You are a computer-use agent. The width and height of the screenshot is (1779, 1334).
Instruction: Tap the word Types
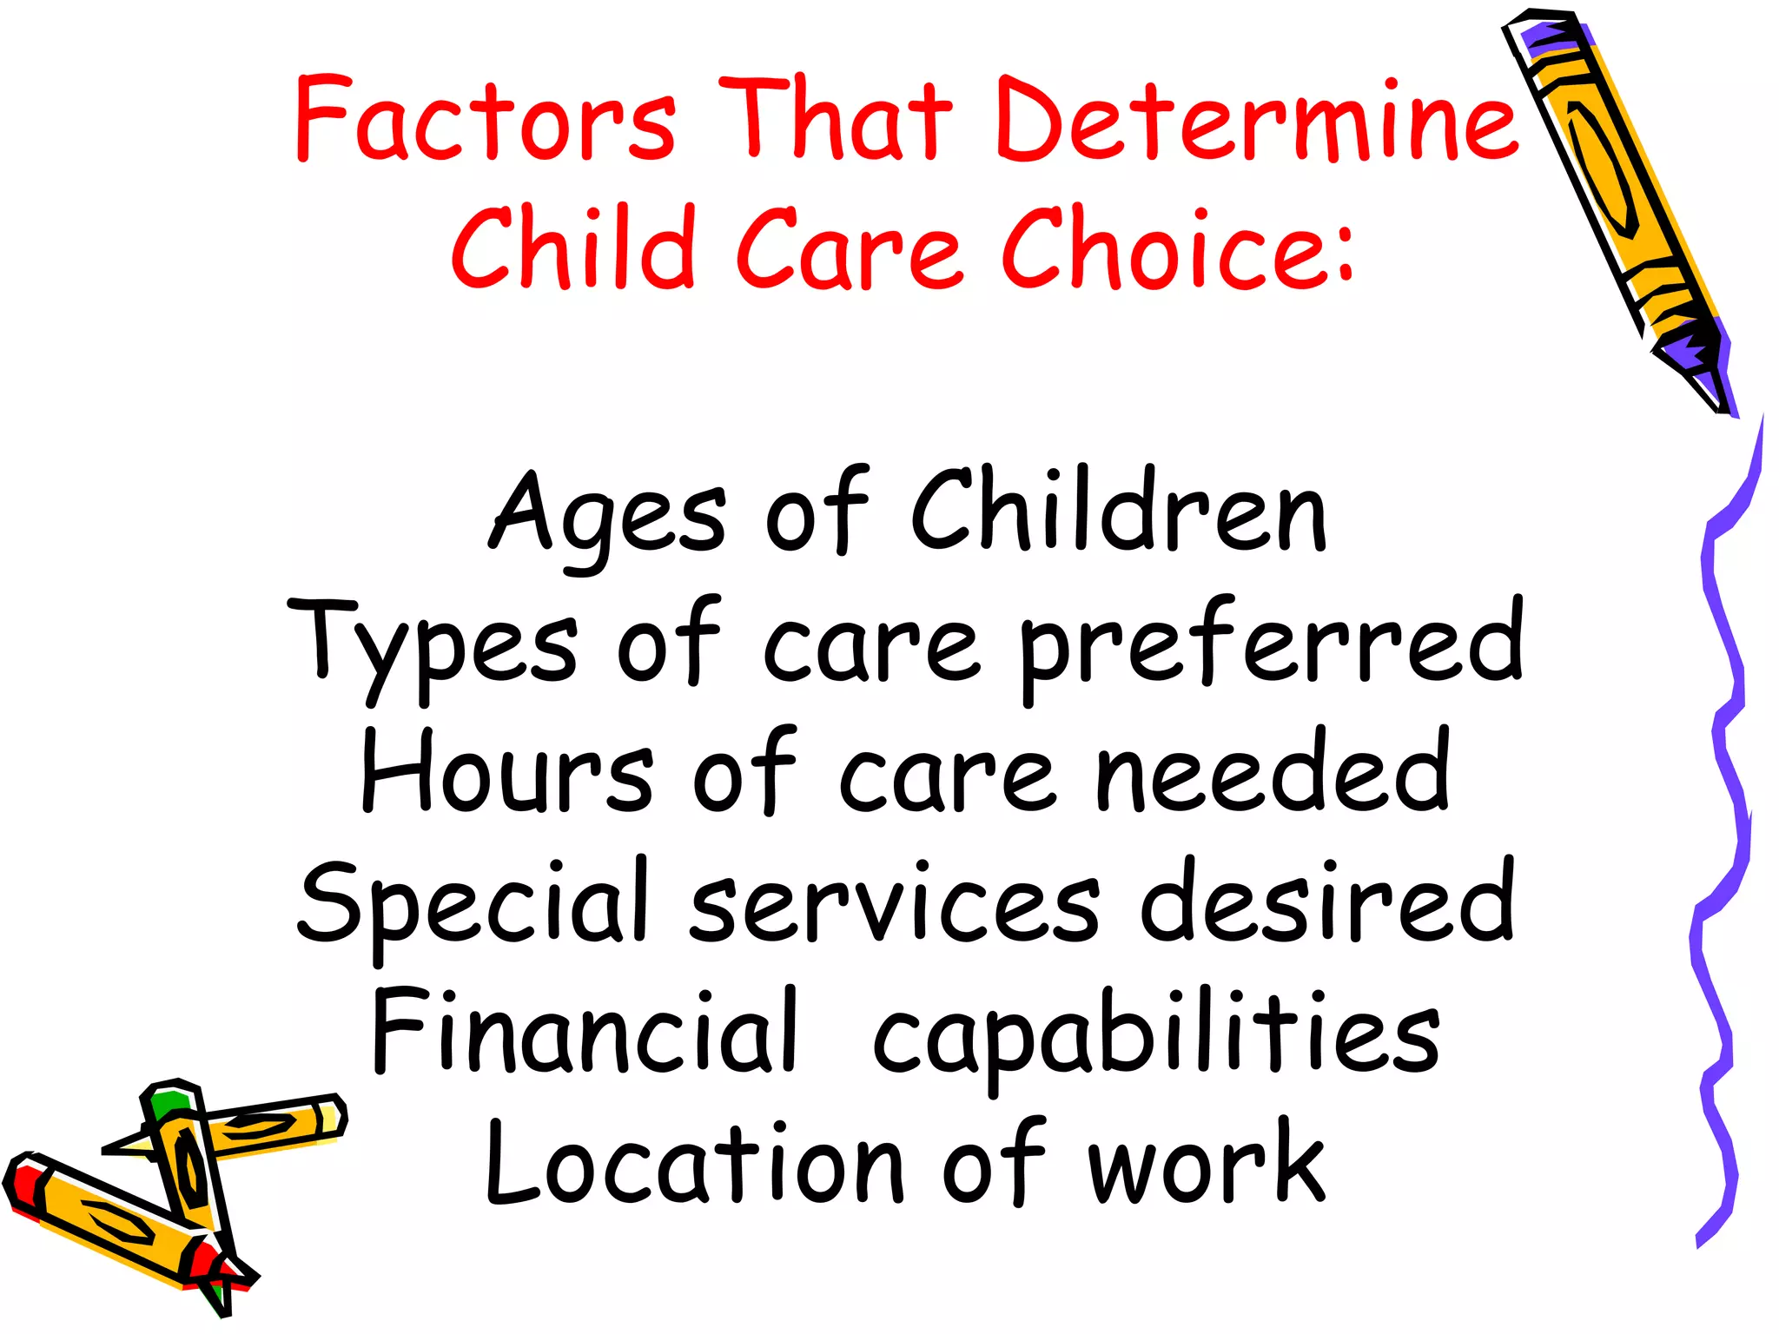[x=433, y=647]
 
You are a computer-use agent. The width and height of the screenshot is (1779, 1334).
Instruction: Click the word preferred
[x=1271, y=647]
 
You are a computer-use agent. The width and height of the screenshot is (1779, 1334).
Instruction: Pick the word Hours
[x=506, y=773]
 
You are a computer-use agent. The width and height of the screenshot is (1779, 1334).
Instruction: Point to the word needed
[x=1273, y=773]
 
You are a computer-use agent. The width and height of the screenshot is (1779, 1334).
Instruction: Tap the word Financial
[x=584, y=1034]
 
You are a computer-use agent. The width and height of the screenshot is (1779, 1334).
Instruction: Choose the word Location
[x=695, y=1164]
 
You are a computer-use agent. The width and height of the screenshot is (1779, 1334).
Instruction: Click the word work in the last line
[x=1207, y=1164]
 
